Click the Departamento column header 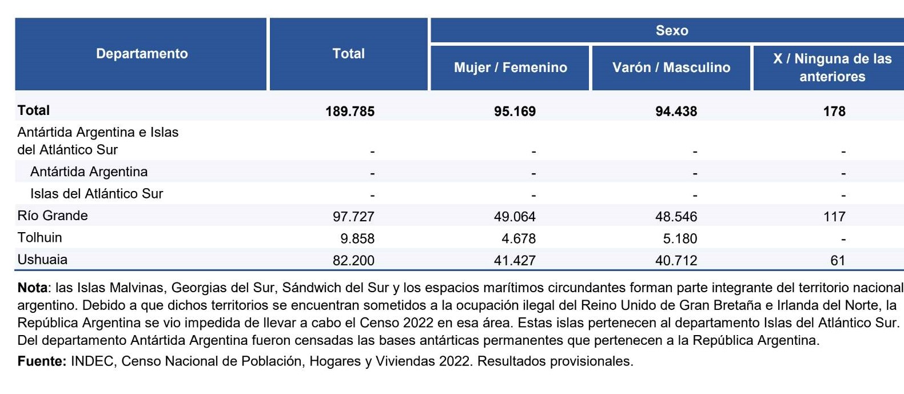142,54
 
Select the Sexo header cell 672,30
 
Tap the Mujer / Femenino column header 511,67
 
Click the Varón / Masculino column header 671,67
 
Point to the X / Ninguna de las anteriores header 832,67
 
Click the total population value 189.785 350,111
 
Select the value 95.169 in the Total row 515,111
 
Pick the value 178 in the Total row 834,111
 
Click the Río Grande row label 53,216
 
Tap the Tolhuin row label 39,237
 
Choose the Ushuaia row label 42,259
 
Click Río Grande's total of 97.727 353,216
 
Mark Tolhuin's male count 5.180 680,238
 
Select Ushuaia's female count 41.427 515,260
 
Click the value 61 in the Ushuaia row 838,260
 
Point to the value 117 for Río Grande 834,216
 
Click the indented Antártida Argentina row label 89,172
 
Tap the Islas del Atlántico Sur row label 97,194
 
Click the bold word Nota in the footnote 33,288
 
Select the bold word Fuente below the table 42,361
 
